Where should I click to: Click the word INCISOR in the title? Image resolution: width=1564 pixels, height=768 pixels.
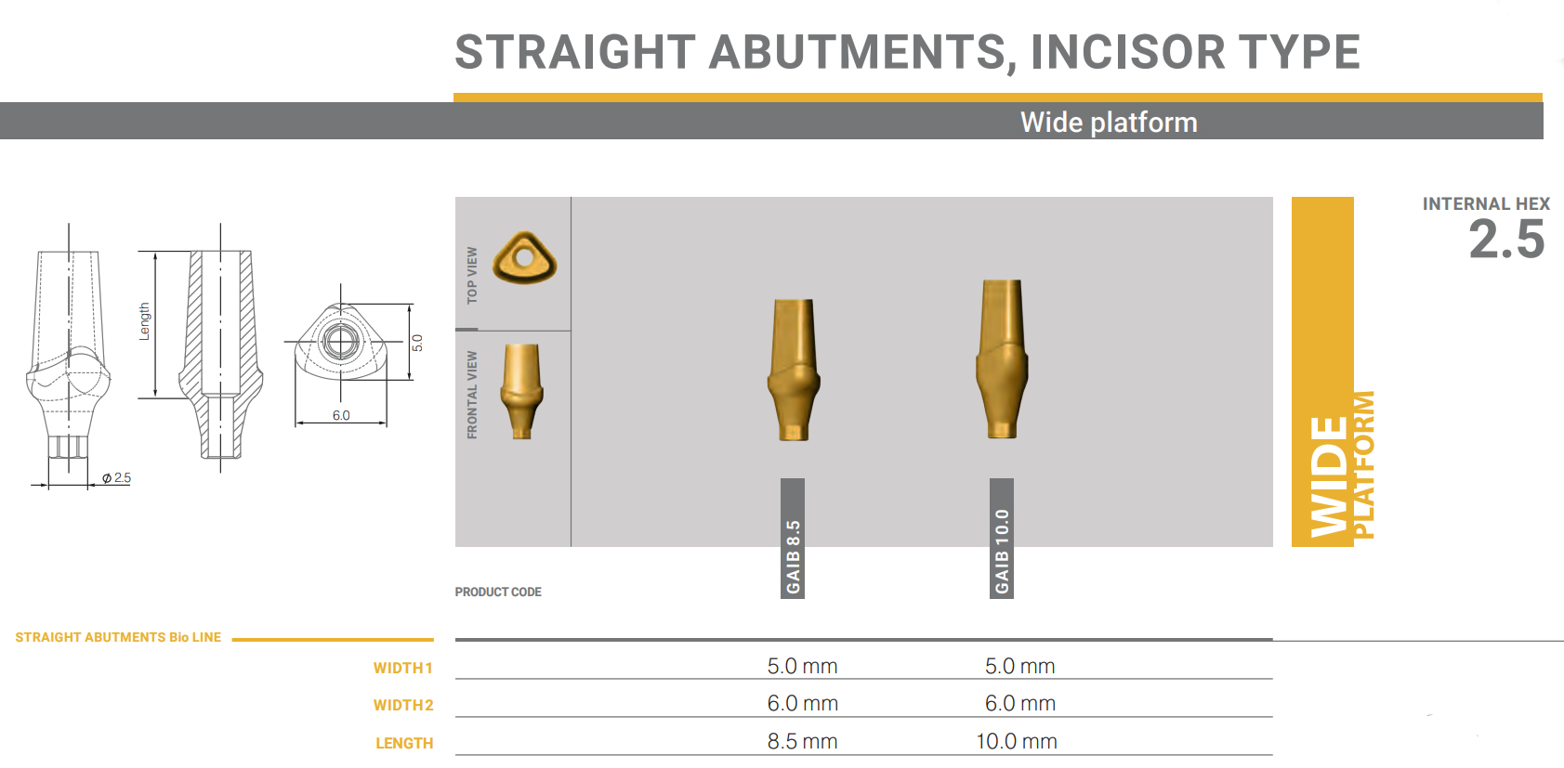(x=1127, y=52)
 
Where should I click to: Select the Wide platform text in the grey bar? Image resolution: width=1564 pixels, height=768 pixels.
(x=1109, y=122)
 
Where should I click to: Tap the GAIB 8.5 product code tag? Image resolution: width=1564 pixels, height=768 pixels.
(x=793, y=538)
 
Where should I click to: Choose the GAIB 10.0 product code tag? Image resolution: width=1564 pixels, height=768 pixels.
(x=1001, y=538)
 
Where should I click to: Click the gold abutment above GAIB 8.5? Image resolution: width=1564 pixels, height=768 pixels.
(x=794, y=370)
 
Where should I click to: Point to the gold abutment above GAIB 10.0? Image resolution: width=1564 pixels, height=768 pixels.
(x=1002, y=358)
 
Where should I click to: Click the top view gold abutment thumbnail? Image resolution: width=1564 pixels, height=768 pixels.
(x=524, y=257)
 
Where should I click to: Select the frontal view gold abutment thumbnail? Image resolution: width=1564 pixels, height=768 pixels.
(x=521, y=391)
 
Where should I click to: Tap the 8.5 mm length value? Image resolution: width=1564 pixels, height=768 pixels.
(x=802, y=741)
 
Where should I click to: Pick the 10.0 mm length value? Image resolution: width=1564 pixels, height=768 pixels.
(x=1017, y=741)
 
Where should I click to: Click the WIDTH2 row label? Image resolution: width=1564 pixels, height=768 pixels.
(x=403, y=705)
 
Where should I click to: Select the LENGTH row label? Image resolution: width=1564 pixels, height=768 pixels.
(x=404, y=744)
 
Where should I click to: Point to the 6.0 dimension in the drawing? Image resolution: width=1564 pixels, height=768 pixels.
(x=341, y=415)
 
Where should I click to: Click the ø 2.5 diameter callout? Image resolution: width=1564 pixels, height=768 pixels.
(x=116, y=478)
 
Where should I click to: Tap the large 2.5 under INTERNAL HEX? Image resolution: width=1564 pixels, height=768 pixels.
(x=1506, y=240)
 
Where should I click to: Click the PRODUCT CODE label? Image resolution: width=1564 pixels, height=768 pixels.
(x=498, y=592)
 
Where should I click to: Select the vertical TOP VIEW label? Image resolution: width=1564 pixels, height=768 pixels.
(x=472, y=275)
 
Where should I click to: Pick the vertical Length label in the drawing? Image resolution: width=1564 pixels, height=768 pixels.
(x=145, y=321)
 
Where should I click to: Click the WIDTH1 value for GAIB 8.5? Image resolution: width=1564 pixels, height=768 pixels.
(x=802, y=666)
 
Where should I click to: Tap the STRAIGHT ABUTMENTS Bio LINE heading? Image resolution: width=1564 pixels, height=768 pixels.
(x=118, y=638)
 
